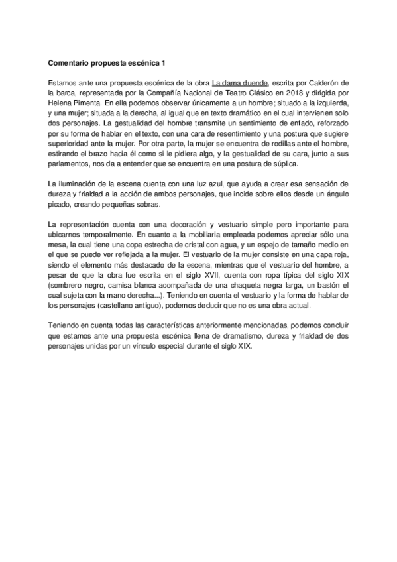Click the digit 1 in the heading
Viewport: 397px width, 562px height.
[163, 64]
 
